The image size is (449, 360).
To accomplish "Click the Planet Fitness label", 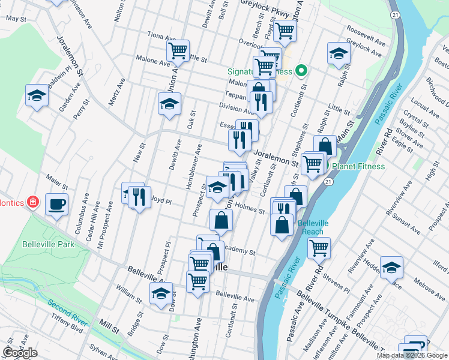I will click(x=358, y=166).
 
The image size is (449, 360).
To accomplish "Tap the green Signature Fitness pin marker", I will click(x=303, y=71).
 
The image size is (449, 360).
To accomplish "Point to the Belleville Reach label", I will click(x=313, y=227).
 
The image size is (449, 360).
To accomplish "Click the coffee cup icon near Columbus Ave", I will click(x=57, y=205).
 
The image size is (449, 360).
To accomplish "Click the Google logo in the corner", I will click(x=20, y=353).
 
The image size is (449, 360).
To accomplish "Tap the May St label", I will click(x=16, y=19).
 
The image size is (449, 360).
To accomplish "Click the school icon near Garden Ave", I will click(x=37, y=95).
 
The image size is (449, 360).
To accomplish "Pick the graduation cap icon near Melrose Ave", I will click(x=391, y=268).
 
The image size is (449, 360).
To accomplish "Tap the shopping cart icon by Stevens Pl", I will click(x=319, y=247).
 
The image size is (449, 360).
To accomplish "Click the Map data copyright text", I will click(x=411, y=355).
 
